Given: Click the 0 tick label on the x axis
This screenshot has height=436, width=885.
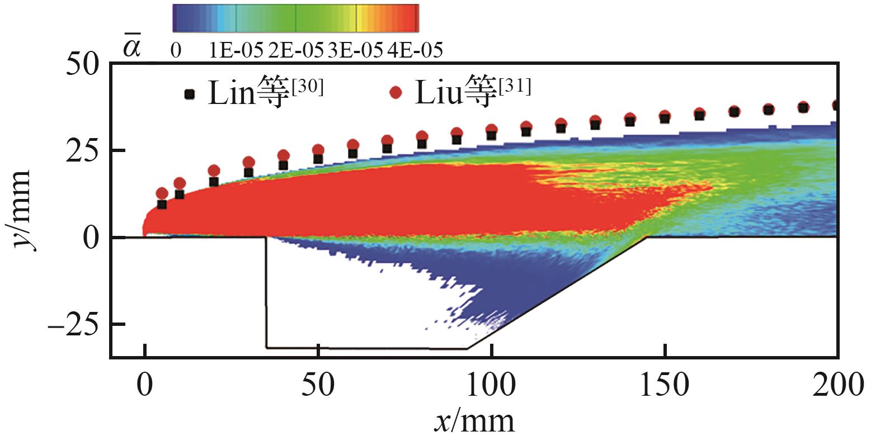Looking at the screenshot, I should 145,385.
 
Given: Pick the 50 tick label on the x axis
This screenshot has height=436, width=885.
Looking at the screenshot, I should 318,385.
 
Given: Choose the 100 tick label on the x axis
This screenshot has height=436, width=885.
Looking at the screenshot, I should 491,385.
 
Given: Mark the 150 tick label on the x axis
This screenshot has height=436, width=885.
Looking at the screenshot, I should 664,385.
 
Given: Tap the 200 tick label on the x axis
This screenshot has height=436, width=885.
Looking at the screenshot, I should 837,385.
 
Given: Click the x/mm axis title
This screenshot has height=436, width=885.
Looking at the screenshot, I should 474,420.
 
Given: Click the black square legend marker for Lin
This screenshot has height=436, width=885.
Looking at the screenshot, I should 190,94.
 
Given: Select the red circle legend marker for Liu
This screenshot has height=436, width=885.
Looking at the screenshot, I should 396,93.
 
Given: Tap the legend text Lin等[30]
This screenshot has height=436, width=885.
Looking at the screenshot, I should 265,92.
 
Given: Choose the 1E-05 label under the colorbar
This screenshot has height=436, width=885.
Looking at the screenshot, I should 236,50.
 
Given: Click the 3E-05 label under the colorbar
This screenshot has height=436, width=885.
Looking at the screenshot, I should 355,50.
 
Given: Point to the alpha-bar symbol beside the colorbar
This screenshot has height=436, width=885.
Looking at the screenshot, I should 133,47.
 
